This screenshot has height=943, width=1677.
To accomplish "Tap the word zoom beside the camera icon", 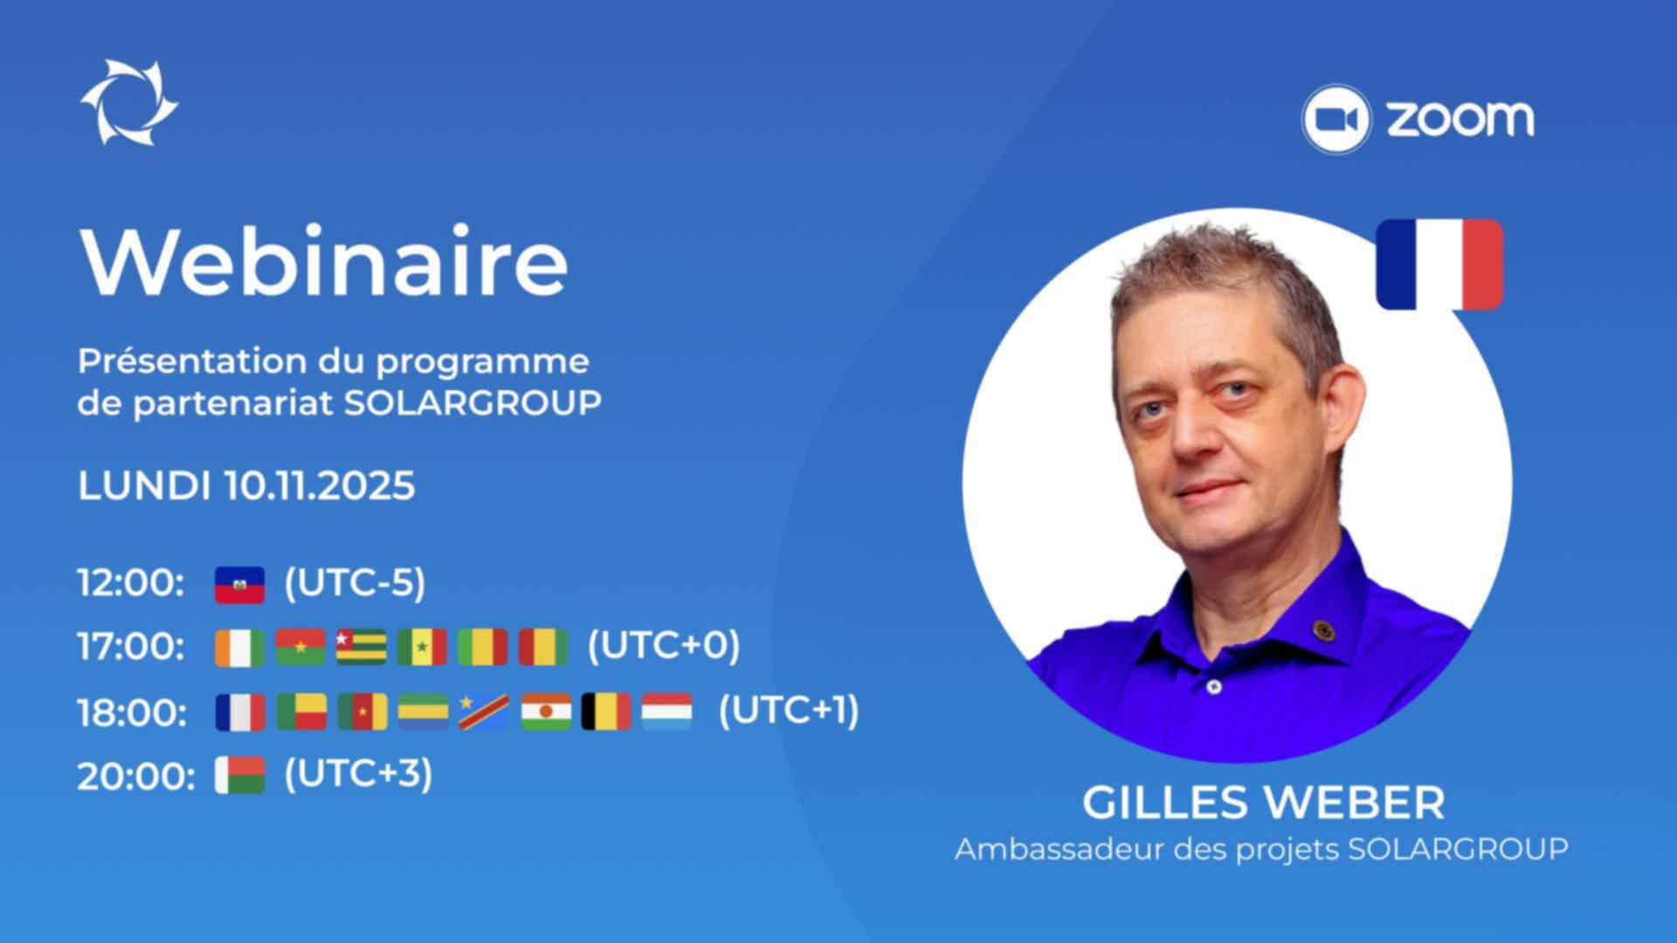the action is (1460, 120).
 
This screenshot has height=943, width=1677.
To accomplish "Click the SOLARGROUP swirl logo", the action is (129, 102).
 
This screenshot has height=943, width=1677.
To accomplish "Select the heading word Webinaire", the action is (324, 261).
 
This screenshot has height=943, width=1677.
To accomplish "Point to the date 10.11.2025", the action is (320, 485).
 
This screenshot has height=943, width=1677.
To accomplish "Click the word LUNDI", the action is (144, 485).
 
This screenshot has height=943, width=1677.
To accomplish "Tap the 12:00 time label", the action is (131, 583).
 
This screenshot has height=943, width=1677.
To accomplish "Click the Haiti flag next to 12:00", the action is (239, 585).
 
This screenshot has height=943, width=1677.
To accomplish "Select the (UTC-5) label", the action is (355, 583).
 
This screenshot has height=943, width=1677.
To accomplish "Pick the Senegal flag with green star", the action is (422, 647).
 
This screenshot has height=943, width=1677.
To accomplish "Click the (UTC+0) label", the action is (664, 646).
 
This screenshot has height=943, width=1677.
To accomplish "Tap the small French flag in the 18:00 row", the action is (240, 712).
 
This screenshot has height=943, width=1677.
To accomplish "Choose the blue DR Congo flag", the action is (484, 712).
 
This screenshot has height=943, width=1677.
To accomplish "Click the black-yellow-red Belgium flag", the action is (606, 712).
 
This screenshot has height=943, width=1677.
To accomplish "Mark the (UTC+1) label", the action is (789, 712).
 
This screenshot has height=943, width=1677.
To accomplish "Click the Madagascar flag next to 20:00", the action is (240, 775).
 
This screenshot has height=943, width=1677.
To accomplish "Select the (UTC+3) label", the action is (358, 774).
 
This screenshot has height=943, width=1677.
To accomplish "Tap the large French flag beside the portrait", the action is (1439, 264).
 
